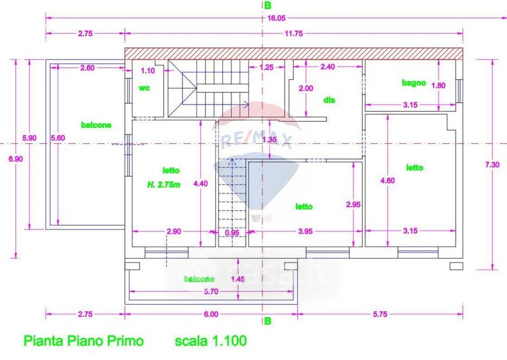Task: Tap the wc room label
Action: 144,88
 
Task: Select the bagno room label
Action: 413,82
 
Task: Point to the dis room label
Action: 328,100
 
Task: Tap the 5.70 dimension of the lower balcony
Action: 211,292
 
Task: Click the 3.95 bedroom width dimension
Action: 305,232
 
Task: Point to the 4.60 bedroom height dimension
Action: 387,181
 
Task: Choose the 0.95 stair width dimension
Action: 233,233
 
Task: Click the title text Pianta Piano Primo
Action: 84,341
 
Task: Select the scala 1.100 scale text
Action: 210,341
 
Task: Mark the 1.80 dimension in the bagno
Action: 442,85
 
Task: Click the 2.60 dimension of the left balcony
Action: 89,68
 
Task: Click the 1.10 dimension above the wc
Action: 147,71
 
